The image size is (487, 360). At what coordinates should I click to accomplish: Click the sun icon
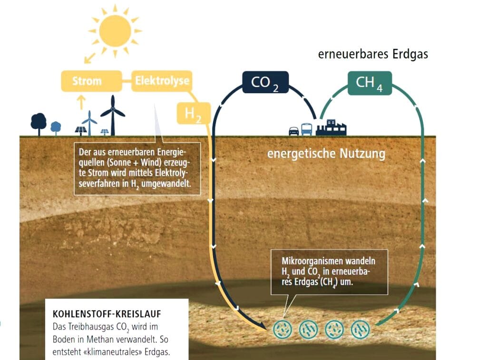pos(115,31)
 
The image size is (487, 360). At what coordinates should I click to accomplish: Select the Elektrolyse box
pos(162,81)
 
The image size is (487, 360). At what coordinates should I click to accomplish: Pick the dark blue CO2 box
pos(265,82)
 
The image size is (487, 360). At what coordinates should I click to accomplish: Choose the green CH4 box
pos(370,83)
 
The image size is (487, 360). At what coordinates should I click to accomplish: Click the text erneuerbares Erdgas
pos(373,54)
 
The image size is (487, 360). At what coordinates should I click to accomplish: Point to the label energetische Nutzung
pos(326,154)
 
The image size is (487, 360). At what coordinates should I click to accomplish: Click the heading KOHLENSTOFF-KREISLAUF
pos(107,314)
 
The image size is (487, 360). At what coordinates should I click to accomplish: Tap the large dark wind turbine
pos(113,115)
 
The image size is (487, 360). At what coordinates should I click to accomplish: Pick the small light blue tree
pos(56,128)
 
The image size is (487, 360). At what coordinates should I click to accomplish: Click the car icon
pos(294,131)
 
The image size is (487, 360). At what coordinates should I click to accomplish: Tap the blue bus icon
pos(307,129)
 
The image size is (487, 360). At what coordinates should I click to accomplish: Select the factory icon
pos(331,127)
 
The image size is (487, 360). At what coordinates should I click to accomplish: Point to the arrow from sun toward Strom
pos(90,58)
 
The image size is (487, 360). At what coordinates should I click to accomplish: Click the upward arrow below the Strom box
pos(81,102)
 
